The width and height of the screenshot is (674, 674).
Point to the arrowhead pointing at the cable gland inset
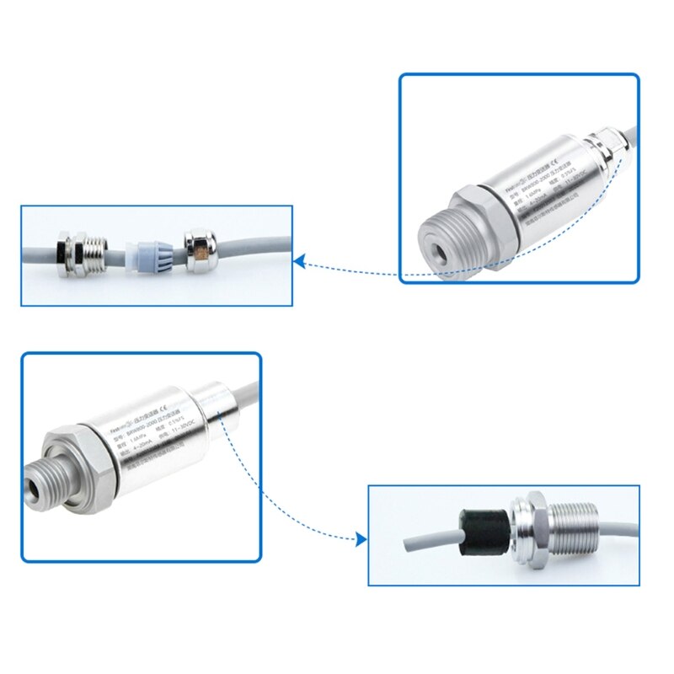click(299, 262)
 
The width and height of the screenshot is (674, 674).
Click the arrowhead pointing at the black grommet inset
click(361, 539)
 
